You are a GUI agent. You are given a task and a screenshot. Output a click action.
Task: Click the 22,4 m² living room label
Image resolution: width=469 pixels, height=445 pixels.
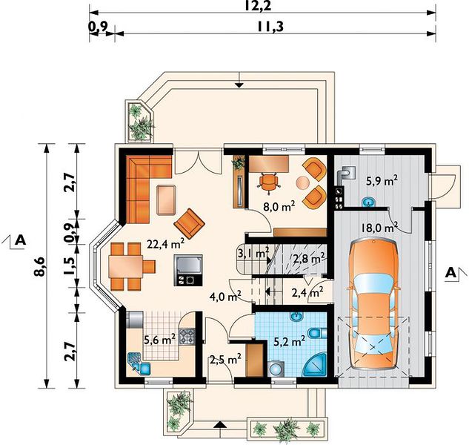[165, 244]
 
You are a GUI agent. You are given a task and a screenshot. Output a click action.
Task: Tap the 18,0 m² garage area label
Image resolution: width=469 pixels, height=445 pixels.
[379, 227]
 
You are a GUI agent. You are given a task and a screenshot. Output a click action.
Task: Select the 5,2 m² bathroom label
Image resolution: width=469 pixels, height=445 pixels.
[290, 341]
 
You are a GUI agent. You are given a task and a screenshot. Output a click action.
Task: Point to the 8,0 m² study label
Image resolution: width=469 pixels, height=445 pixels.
[279, 206]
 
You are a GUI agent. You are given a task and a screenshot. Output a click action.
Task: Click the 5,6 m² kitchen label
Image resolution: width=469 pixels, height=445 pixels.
[160, 340]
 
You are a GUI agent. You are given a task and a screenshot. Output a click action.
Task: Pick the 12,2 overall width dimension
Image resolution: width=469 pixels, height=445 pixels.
[258, 6]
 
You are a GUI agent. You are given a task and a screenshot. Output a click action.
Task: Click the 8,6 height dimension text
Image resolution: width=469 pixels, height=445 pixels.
[41, 266]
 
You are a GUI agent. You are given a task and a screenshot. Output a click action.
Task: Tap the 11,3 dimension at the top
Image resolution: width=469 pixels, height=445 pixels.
[270, 27]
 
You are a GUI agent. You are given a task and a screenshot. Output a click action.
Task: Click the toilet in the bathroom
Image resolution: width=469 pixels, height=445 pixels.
[317, 333]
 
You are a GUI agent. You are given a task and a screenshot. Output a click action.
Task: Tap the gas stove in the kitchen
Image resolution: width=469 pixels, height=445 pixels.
[187, 336]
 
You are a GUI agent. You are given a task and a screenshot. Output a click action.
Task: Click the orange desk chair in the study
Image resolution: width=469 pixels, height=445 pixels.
[269, 182]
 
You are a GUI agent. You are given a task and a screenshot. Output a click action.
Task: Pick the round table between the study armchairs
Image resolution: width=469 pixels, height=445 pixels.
[302, 182]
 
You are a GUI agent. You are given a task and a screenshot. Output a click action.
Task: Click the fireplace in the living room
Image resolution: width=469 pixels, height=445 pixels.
[188, 270]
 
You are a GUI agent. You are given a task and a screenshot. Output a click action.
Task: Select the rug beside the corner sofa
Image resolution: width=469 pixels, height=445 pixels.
[166, 200]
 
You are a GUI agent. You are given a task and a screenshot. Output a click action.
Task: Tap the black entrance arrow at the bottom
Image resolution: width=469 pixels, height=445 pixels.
[220, 425]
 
